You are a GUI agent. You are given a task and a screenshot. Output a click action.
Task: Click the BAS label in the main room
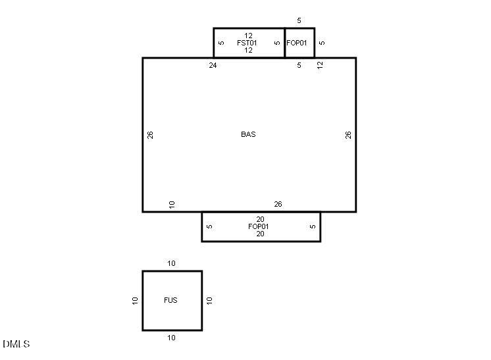click(248, 134)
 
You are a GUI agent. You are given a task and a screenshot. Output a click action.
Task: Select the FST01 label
click(247, 43)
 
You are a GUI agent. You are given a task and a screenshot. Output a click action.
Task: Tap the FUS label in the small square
click(170, 300)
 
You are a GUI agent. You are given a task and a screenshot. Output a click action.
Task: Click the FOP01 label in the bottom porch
click(259, 226)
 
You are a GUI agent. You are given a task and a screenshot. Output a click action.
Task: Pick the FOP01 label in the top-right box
click(297, 43)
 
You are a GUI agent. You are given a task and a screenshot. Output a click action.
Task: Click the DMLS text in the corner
click(16, 344)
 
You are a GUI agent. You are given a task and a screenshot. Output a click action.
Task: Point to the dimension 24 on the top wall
click(213, 65)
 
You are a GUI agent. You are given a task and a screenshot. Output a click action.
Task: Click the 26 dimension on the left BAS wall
click(151, 134)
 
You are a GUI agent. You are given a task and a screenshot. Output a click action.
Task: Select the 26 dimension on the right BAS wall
click(349, 134)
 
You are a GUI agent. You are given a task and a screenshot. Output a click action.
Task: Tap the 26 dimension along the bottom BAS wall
click(278, 204)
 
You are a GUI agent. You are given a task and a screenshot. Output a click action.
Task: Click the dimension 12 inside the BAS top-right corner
click(321, 65)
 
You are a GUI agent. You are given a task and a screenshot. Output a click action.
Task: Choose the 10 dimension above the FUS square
click(171, 263)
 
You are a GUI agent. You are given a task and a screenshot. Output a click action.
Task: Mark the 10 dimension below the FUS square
click(171, 338)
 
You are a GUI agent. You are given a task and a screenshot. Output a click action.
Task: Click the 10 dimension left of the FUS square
click(135, 300)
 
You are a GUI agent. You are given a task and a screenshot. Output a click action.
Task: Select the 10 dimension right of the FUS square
click(209, 300)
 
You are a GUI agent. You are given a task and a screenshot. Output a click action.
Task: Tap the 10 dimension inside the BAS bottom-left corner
click(172, 204)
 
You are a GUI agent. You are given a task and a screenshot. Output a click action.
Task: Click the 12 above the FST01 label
click(248, 36)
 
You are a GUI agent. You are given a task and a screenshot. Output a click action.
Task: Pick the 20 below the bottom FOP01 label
click(260, 234)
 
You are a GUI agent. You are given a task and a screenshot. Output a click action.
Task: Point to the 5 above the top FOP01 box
click(299, 21)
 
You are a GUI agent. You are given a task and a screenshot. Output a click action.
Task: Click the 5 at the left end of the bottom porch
click(209, 226)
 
